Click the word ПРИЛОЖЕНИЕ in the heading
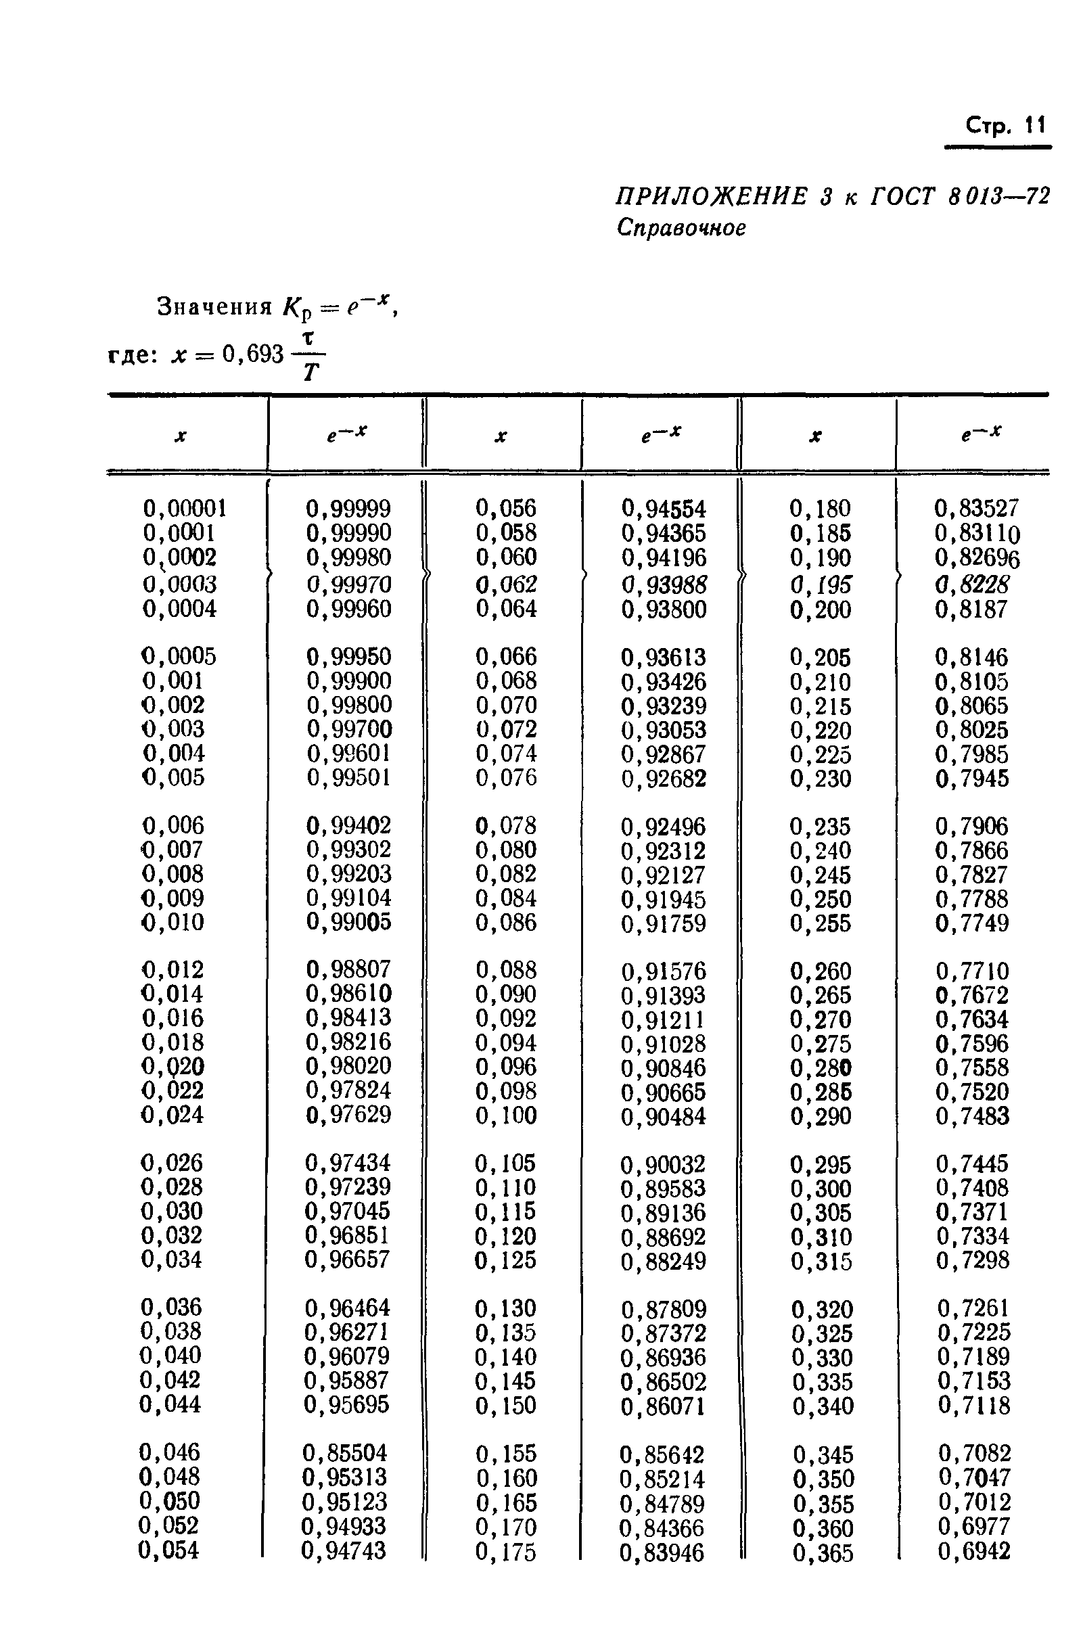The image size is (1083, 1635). click(711, 197)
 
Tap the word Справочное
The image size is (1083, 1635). click(681, 227)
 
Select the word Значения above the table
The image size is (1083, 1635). click(215, 306)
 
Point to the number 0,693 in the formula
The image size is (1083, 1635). click(253, 354)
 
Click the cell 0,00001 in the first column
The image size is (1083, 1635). click(185, 509)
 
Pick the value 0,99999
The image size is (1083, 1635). click(348, 509)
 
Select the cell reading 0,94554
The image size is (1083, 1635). click(664, 509)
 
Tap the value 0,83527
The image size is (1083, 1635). click(976, 509)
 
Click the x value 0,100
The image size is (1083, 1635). click(505, 1115)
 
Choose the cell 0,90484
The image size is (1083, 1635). click(663, 1117)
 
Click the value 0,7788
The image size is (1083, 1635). click(972, 898)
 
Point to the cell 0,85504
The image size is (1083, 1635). click(345, 1452)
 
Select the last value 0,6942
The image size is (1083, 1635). click(974, 1550)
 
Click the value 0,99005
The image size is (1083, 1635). click(348, 921)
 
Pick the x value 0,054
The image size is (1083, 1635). click(168, 1550)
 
